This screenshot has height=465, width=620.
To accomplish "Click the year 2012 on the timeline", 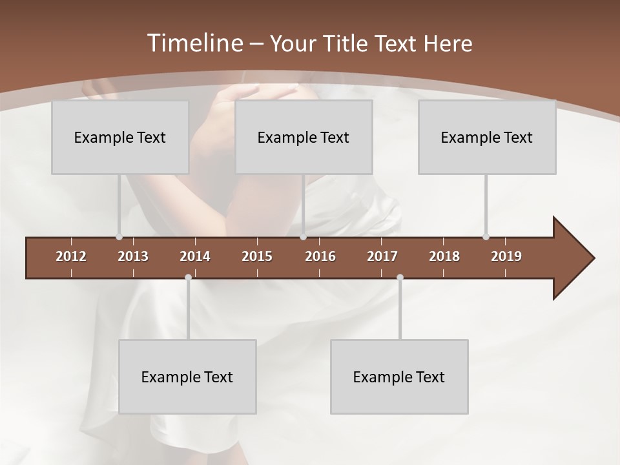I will click(x=71, y=256).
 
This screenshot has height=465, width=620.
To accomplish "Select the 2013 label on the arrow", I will click(x=133, y=256).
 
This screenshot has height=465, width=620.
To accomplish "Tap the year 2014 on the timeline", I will click(x=195, y=256).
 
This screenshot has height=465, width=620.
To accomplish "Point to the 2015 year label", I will click(x=257, y=256).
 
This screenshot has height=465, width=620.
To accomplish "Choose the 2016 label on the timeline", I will click(x=320, y=256).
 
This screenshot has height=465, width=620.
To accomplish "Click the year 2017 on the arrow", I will click(x=382, y=256).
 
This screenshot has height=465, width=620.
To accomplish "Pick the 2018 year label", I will click(x=444, y=256).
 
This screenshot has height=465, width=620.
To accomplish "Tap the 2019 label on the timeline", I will click(x=506, y=256).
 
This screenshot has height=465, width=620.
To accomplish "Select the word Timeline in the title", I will click(x=194, y=43).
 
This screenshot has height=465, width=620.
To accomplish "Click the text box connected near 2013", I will click(x=120, y=137).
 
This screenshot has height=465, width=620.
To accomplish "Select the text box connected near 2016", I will click(x=304, y=137).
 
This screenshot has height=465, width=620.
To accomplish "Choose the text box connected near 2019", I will click(x=487, y=137).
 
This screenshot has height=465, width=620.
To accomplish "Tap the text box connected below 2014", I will click(x=187, y=377).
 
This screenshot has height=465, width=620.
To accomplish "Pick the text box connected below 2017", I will click(x=399, y=377).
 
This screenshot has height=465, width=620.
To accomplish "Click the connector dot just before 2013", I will click(x=119, y=236).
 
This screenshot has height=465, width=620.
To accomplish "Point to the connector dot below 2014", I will click(x=188, y=277).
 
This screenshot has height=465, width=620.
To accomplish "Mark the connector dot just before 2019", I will click(x=486, y=236).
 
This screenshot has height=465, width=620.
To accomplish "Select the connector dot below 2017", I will click(x=400, y=277).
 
